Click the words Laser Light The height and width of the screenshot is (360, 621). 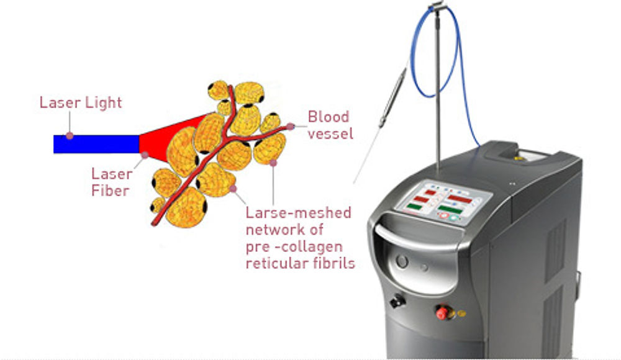pos(81,102)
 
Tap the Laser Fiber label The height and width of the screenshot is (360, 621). pos(111,182)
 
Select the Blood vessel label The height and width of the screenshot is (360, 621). pos(330,125)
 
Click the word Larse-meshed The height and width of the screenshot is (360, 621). pos(298,213)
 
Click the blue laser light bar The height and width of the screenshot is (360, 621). pos(96,144)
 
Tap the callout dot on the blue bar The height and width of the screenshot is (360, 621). pos(70,136)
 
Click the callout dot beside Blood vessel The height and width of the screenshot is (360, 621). pos(290,127)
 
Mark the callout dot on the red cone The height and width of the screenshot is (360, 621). pos(145,155)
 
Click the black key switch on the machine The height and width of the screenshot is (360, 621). pos(397,301)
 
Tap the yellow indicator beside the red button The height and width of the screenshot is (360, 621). pos(461,313)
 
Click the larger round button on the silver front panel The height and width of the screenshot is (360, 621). pos(402,261)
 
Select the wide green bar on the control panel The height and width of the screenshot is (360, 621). pos(450,209)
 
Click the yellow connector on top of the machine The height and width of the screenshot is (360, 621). pos(517,158)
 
